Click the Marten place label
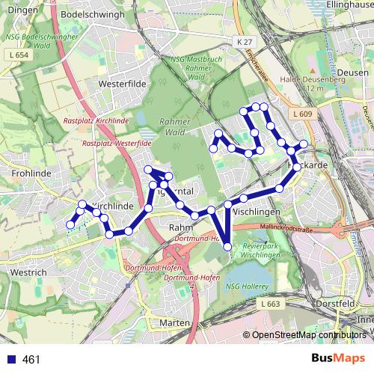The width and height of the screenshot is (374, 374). tap(174, 322)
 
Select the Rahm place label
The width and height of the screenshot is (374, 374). tap(182, 227)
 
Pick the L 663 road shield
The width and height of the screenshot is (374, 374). tap(271, 304)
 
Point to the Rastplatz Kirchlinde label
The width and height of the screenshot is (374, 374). tap(96, 120)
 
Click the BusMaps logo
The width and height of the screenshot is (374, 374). tap(339, 358)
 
